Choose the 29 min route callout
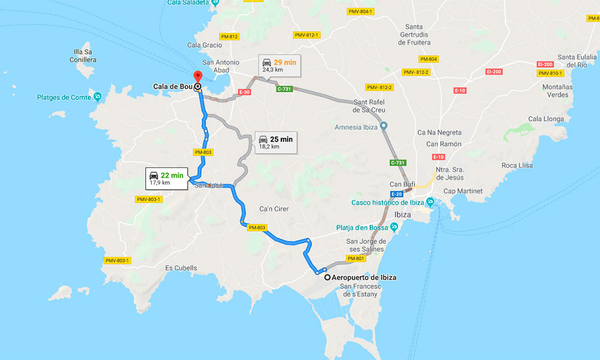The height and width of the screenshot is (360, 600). point(278,65)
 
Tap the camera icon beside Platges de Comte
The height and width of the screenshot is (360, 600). point(97,97)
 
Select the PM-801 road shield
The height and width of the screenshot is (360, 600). point(356,259)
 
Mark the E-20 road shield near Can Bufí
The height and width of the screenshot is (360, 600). point(397,194)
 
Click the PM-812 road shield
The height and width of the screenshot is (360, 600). point(230,37)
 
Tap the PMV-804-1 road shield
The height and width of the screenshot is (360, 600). point(361,11)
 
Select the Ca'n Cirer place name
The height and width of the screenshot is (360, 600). point(274,209)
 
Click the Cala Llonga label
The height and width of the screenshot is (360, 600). point(546,119)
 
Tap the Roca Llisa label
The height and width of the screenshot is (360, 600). point(517,166)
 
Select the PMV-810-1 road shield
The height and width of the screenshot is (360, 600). point(551,73)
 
